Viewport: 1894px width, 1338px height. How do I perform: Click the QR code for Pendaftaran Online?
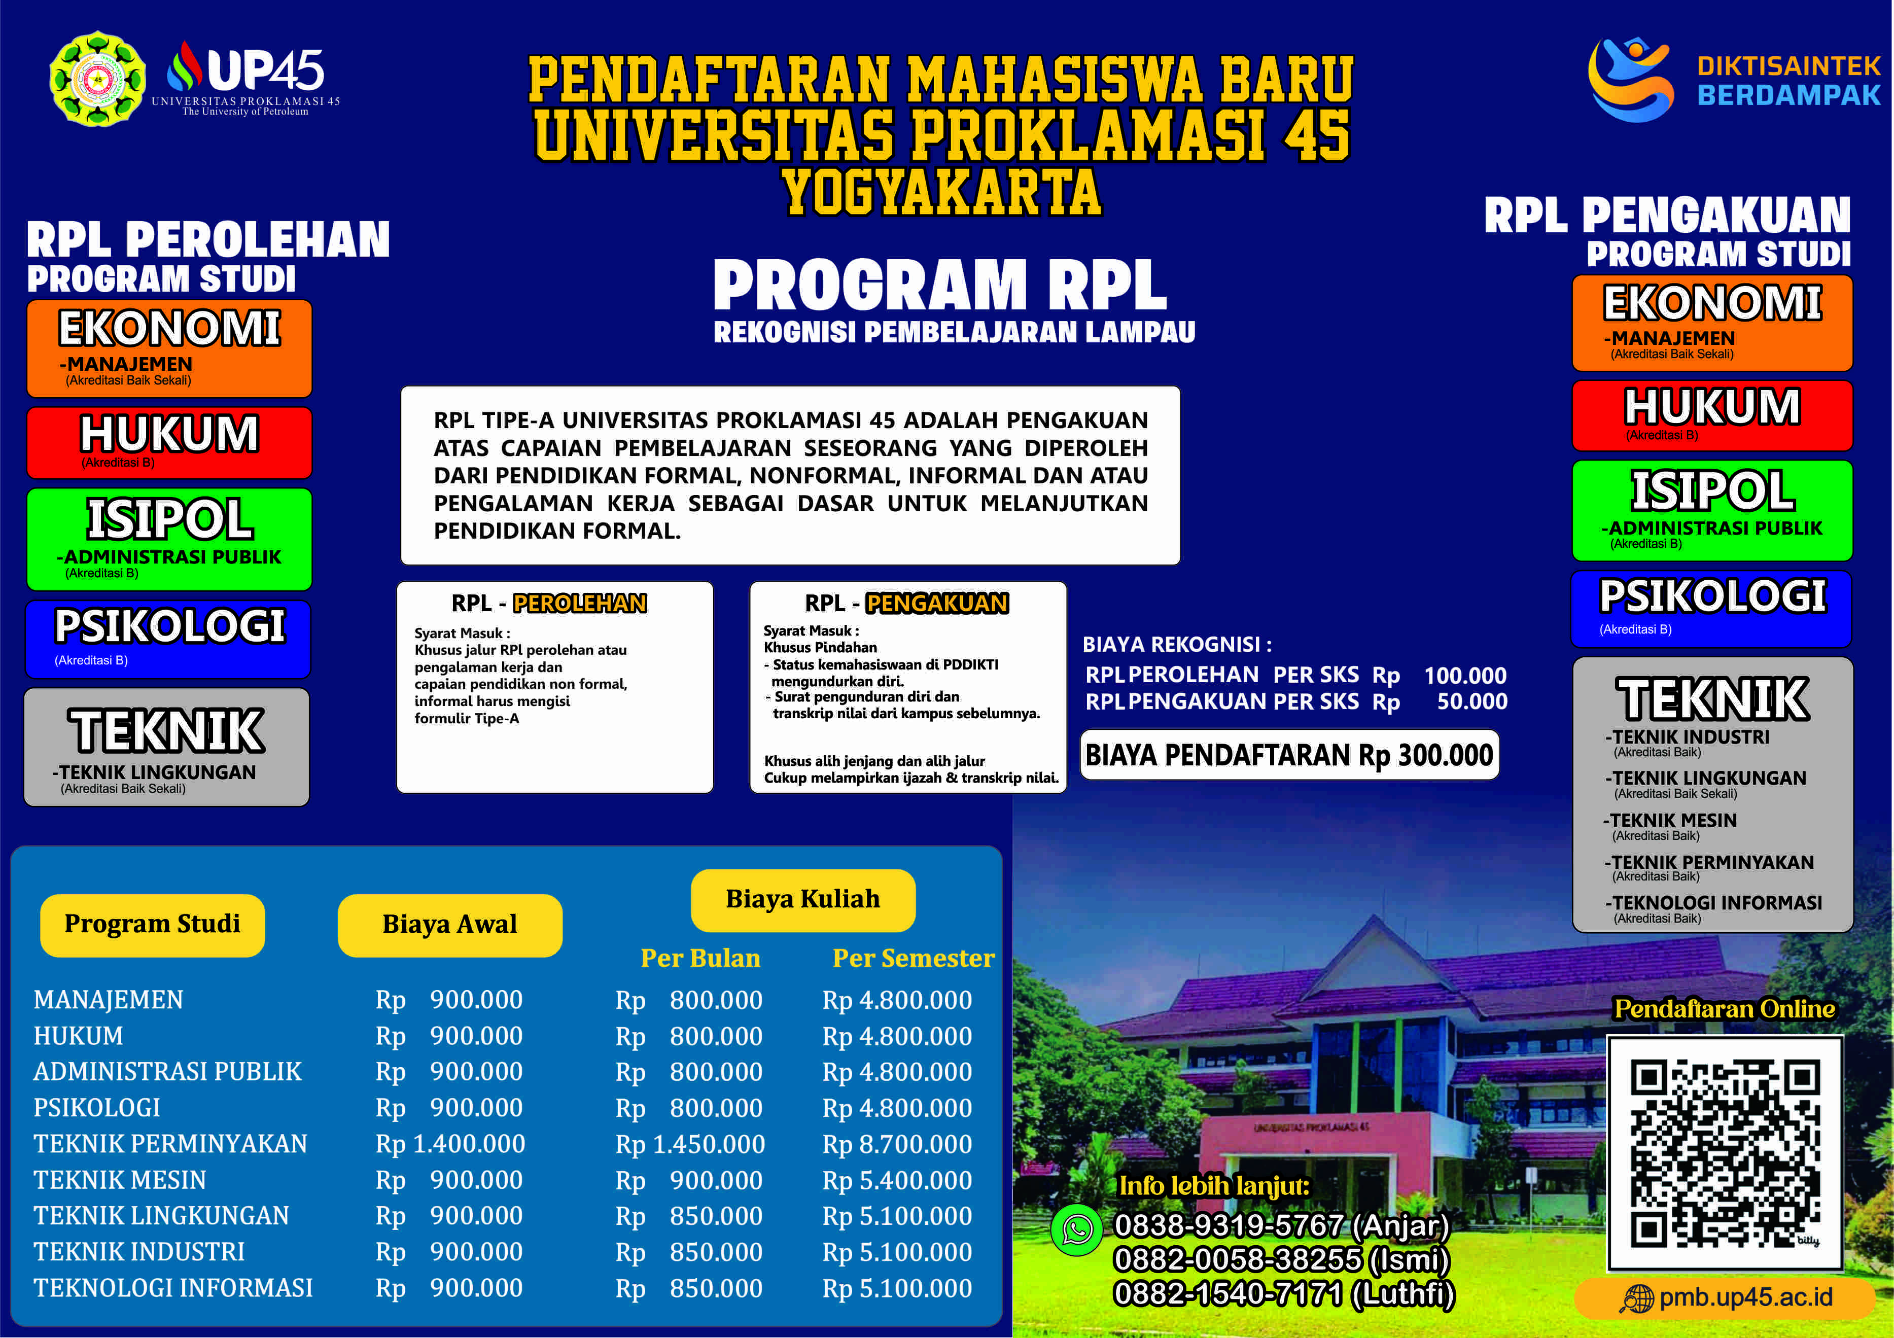coord(1725,1153)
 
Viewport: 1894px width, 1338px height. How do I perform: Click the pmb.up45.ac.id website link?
coord(1726,1297)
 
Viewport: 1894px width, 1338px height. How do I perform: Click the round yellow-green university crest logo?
coord(98,79)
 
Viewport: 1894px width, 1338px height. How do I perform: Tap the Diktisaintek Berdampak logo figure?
coord(1631,79)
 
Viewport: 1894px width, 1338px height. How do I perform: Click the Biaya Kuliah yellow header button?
coord(802,899)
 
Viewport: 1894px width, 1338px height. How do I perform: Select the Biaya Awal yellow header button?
coord(449,925)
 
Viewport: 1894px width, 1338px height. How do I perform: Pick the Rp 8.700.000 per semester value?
coord(897,1144)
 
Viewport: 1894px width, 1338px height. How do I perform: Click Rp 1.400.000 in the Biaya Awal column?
coord(450,1144)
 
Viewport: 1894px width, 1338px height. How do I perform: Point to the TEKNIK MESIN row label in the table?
coord(120,1180)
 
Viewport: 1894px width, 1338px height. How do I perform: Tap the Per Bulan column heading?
coord(700,959)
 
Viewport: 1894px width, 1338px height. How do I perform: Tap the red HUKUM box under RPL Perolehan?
coord(169,442)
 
